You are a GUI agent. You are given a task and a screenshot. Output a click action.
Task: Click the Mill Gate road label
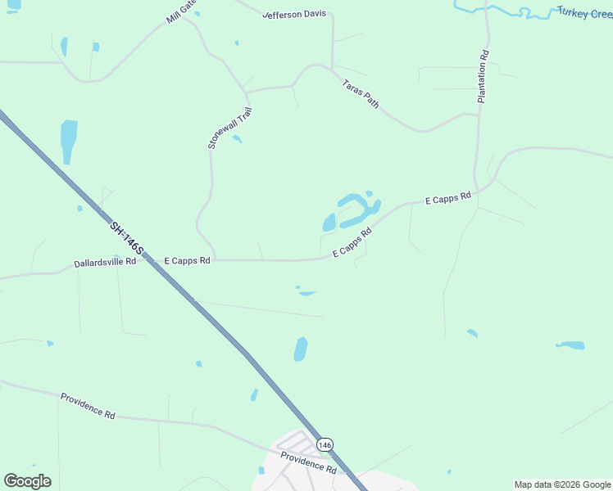coord(183,11)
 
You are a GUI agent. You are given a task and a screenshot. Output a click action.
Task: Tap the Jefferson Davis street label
coord(294,15)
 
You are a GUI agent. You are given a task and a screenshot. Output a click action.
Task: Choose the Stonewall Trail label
coord(229,127)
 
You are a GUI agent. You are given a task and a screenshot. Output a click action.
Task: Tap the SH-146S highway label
coord(127,237)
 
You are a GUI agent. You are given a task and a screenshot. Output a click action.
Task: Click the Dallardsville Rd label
coord(105,263)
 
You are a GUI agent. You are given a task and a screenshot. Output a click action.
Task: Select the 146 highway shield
coord(325,444)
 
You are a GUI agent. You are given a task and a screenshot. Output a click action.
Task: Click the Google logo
coord(27,481)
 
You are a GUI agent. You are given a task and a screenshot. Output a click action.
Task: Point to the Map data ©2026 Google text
coord(562,484)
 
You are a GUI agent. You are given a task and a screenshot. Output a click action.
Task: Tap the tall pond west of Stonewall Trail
coord(69,139)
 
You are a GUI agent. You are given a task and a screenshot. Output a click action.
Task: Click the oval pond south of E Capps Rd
coord(301,349)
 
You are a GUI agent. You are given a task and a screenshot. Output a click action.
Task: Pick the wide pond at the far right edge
coord(571,345)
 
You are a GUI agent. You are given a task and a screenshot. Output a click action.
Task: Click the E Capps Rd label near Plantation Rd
coord(448,197)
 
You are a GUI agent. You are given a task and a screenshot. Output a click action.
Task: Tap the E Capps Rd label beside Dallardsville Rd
coord(188,260)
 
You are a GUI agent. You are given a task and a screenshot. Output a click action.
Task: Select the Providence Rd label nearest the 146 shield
coord(308,463)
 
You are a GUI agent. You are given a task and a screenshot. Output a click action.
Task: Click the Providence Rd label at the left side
coord(88,405)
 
